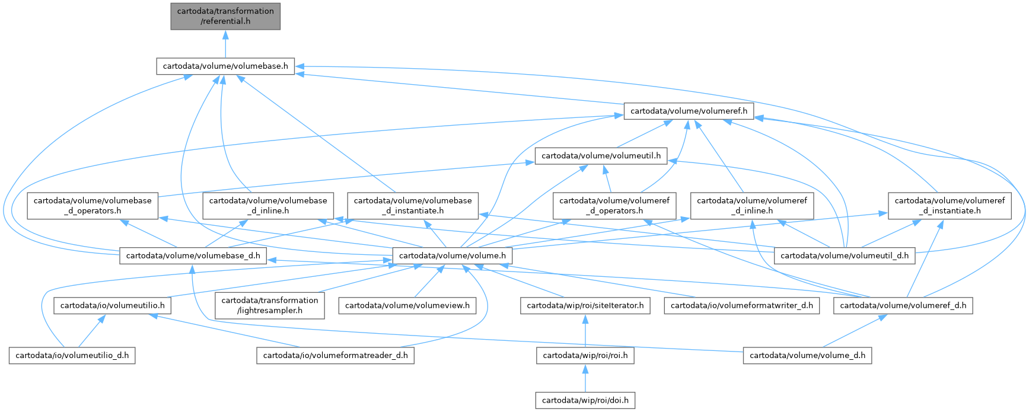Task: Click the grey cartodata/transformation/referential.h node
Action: [x=225, y=16]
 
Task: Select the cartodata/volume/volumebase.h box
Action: [x=225, y=66]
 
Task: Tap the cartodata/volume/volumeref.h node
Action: [x=689, y=111]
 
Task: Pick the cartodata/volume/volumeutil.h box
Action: [x=601, y=156]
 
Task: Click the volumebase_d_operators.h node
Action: [x=93, y=205]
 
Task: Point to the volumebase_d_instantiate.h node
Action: [x=413, y=205]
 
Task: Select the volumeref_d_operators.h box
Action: [x=614, y=205]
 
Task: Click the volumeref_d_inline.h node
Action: [x=751, y=205]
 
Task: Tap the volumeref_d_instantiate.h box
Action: [x=950, y=205]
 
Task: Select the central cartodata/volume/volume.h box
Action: [x=453, y=256]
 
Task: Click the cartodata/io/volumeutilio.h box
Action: [x=113, y=306]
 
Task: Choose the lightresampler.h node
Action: [x=270, y=305]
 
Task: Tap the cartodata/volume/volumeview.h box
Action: [x=407, y=306]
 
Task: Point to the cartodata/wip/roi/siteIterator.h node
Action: [x=585, y=306]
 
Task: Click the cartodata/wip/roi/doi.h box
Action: [x=585, y=401]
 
